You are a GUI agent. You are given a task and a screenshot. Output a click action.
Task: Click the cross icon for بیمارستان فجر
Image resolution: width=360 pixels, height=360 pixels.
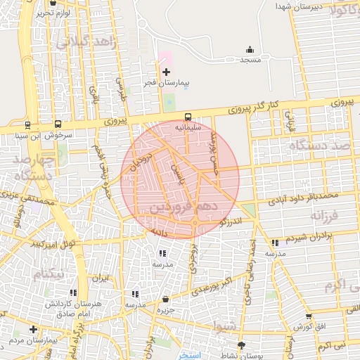click(x=166, y=72)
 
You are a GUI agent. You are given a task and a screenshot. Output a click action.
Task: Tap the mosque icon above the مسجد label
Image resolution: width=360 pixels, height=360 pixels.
click(x=250, y=49)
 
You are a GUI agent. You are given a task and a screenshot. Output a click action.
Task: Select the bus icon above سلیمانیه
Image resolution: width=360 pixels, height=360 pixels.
click(x=188, y=117)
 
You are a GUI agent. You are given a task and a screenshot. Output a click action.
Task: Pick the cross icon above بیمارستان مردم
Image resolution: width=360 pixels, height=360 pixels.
click(x=32, y=329)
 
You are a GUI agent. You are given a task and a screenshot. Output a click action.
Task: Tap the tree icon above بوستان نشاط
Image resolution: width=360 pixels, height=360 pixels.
click(x=242, y=345)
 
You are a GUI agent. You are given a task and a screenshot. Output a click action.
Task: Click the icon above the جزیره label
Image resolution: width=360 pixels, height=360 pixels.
click(x=165, y=299)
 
